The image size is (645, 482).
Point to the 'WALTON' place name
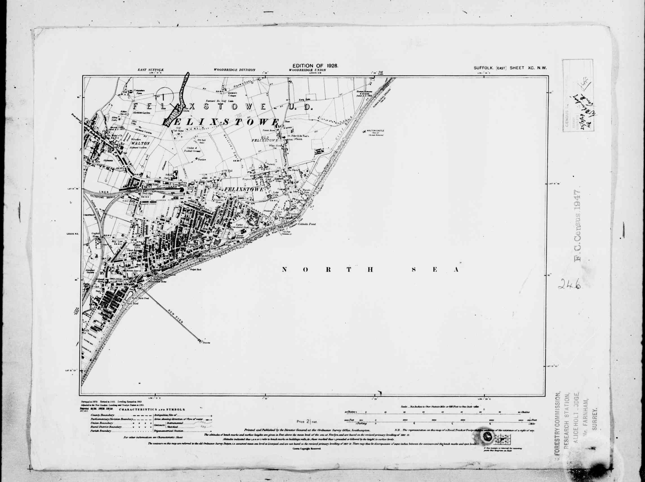pyautogui.click(x=140, y=143)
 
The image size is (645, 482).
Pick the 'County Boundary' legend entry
pyautogui.click(x=103, y=415)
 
